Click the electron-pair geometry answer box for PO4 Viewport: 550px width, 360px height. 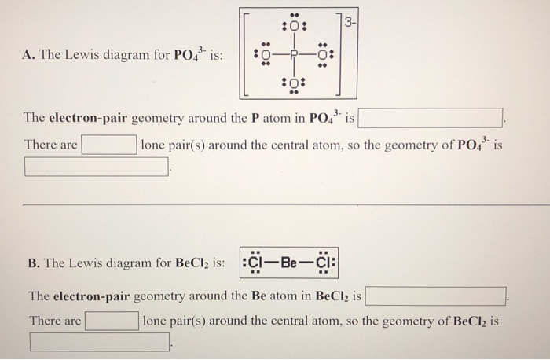[431, 119]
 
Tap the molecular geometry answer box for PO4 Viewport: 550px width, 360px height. [97, 167]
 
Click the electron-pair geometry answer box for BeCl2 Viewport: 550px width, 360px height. [435, 296]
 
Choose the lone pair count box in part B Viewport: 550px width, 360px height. [112, 321]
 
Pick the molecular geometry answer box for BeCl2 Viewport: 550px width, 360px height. [100, 342]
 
